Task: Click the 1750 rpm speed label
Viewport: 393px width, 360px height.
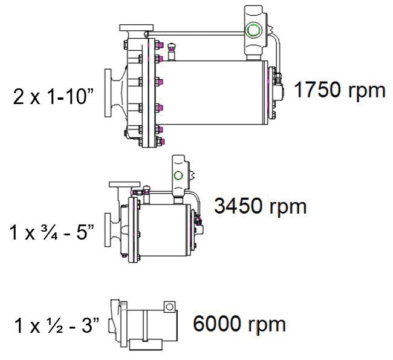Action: pyautogui.click(x=339, y=91)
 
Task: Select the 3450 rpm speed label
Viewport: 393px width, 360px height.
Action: pyautogui.click(x=260, y=206)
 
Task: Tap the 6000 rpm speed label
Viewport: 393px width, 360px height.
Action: pyautogui.click(x=239, y=324)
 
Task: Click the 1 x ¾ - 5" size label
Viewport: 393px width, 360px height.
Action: pyautogui.click(x=51, y=232)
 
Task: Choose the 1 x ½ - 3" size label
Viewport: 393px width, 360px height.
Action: pyautogui.click(x=57, y=325)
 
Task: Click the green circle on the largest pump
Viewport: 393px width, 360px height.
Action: pyautogui.click(x=253, y=30)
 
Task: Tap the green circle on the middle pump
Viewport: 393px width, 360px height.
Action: pyautogui.click(x=178, y=175)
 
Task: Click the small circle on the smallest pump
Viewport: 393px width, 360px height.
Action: pyautogui.click(x=169, y=307)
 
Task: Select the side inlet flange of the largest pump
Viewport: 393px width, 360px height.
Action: pyautogui.click(x=108, y=93)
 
